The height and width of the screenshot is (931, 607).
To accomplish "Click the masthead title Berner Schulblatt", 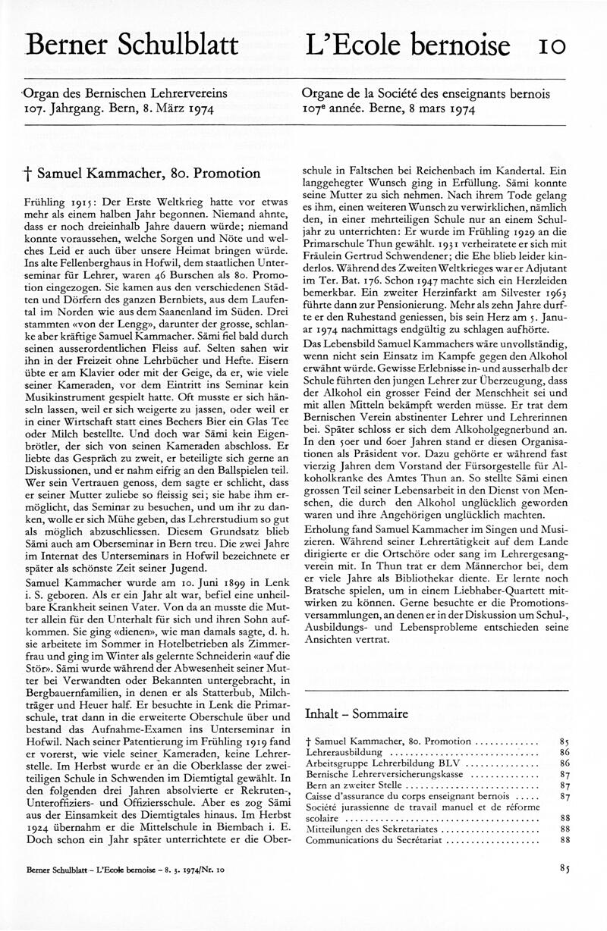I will tap(131, 45).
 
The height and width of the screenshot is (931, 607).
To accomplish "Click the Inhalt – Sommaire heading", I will tap(356, 713).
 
